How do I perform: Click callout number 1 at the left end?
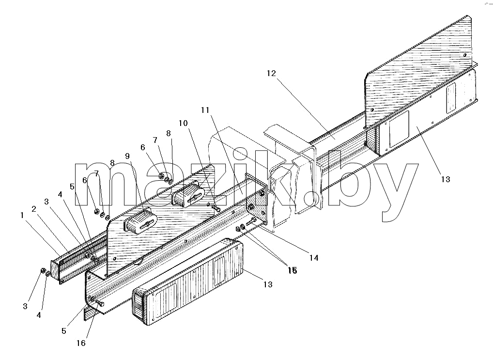(22, 215)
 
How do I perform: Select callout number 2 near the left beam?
(34, 209)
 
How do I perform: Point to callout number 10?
(183, 123)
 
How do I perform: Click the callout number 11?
(205, 110)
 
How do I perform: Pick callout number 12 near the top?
(271, 73)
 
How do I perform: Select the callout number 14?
(314, 258)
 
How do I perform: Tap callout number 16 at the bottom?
(81, 343)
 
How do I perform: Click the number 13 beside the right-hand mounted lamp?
(446, 179)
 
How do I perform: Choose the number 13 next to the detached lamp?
(268, 284)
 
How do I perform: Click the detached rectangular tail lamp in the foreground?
(188, 282)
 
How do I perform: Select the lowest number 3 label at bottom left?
(25, 306)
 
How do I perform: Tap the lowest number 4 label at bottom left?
(39, 314)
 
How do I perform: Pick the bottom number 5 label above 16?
(64, 331)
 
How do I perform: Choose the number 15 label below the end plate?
(293, 270)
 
